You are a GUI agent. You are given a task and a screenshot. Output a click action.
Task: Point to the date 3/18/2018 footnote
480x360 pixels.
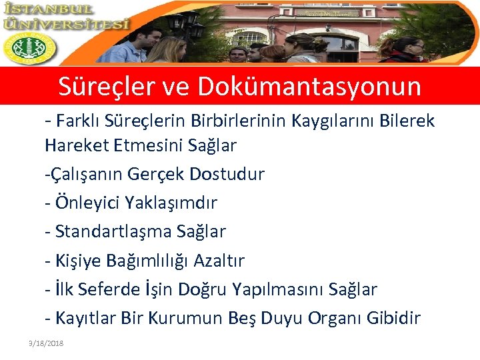coord(46,343)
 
